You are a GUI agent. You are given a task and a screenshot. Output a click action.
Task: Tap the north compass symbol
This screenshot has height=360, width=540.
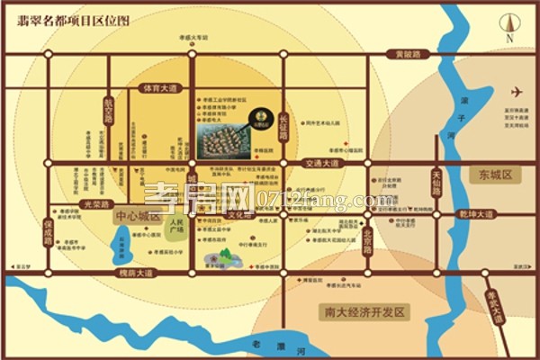[509, 26]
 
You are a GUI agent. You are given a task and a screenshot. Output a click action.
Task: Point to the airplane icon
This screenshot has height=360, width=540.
[517, 92]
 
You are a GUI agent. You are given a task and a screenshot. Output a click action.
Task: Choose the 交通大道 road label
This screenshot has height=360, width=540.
[323, 164]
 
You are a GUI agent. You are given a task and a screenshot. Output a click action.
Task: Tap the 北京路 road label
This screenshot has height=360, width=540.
[367, 239]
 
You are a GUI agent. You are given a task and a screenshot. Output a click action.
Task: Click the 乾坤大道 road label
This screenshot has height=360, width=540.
[476, 214]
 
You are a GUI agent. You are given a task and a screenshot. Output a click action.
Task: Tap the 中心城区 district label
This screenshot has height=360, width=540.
[136, 217]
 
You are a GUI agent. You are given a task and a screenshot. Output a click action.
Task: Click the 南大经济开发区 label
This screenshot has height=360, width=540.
[363, 312]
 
